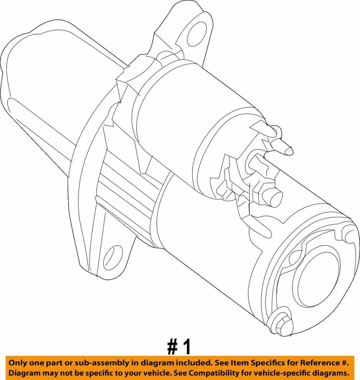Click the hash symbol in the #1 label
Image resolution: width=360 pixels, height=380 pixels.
pyautogui.click(x=172, y=347)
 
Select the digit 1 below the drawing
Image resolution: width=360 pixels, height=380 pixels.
pyautogui.click(x=187, y=347)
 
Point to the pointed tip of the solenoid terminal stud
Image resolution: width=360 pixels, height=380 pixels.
pyautogui.click(x=288, y=150)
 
